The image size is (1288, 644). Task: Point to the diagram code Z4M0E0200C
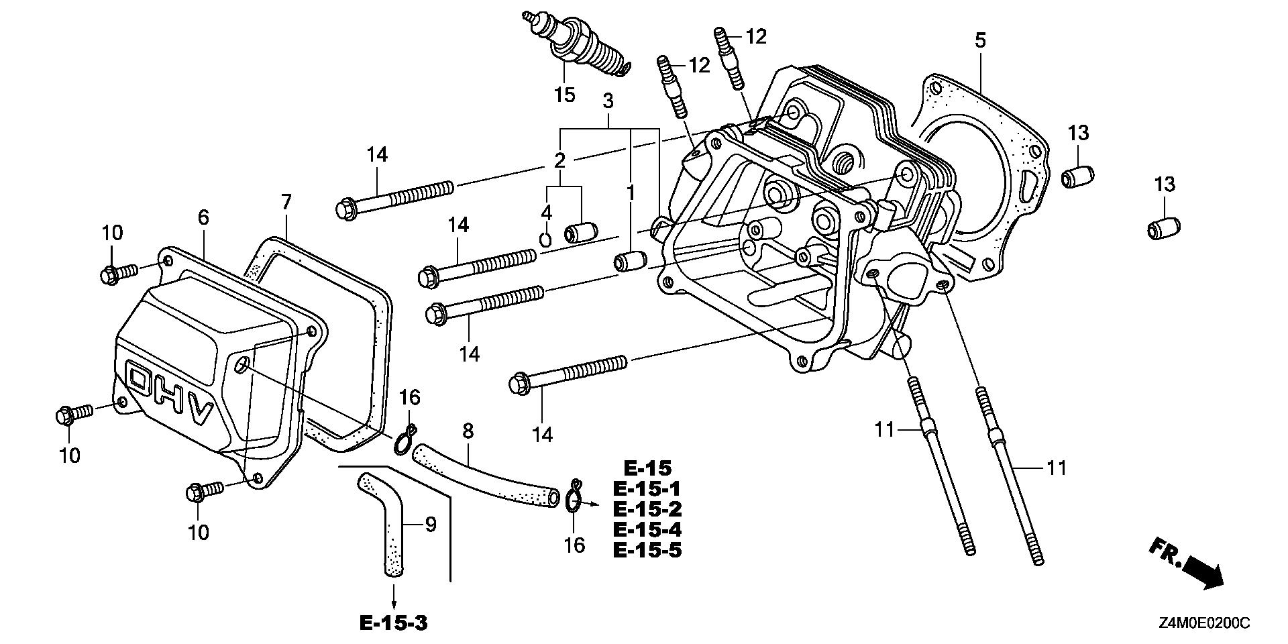1203,624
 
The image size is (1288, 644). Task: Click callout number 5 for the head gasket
980,40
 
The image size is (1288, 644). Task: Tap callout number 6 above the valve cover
203,217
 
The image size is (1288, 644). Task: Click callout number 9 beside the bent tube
431,524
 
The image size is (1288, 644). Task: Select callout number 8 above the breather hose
468,431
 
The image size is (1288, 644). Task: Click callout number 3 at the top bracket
608,101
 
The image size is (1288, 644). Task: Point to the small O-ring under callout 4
546,238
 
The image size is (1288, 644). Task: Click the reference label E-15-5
647,551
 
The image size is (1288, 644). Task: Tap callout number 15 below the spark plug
565,95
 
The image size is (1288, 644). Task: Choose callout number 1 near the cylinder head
631,193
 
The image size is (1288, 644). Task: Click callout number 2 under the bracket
559,160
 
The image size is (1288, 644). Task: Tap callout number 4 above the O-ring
547,213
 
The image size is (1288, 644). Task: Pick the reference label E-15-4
647,530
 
